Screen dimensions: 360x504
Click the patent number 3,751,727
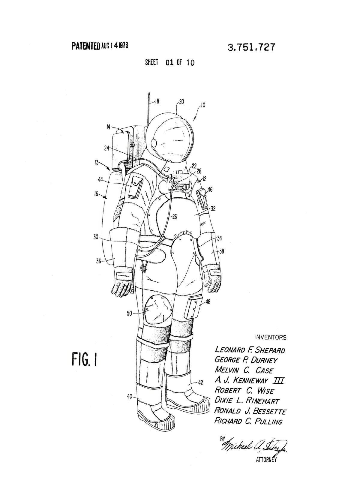click(x=251, y=47)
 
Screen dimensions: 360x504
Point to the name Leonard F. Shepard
click(x=250, y=350)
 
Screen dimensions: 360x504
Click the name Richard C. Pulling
click(x=248, y=421)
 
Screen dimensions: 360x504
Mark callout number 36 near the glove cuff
click(x=98, y=261)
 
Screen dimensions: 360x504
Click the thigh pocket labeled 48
click(x=193, y=308)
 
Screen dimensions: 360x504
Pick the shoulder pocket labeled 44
click(x=136, y=187)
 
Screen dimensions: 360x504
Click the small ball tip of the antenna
click(x=149, y=93)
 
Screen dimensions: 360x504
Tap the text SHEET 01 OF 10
click(x=170, y=62)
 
